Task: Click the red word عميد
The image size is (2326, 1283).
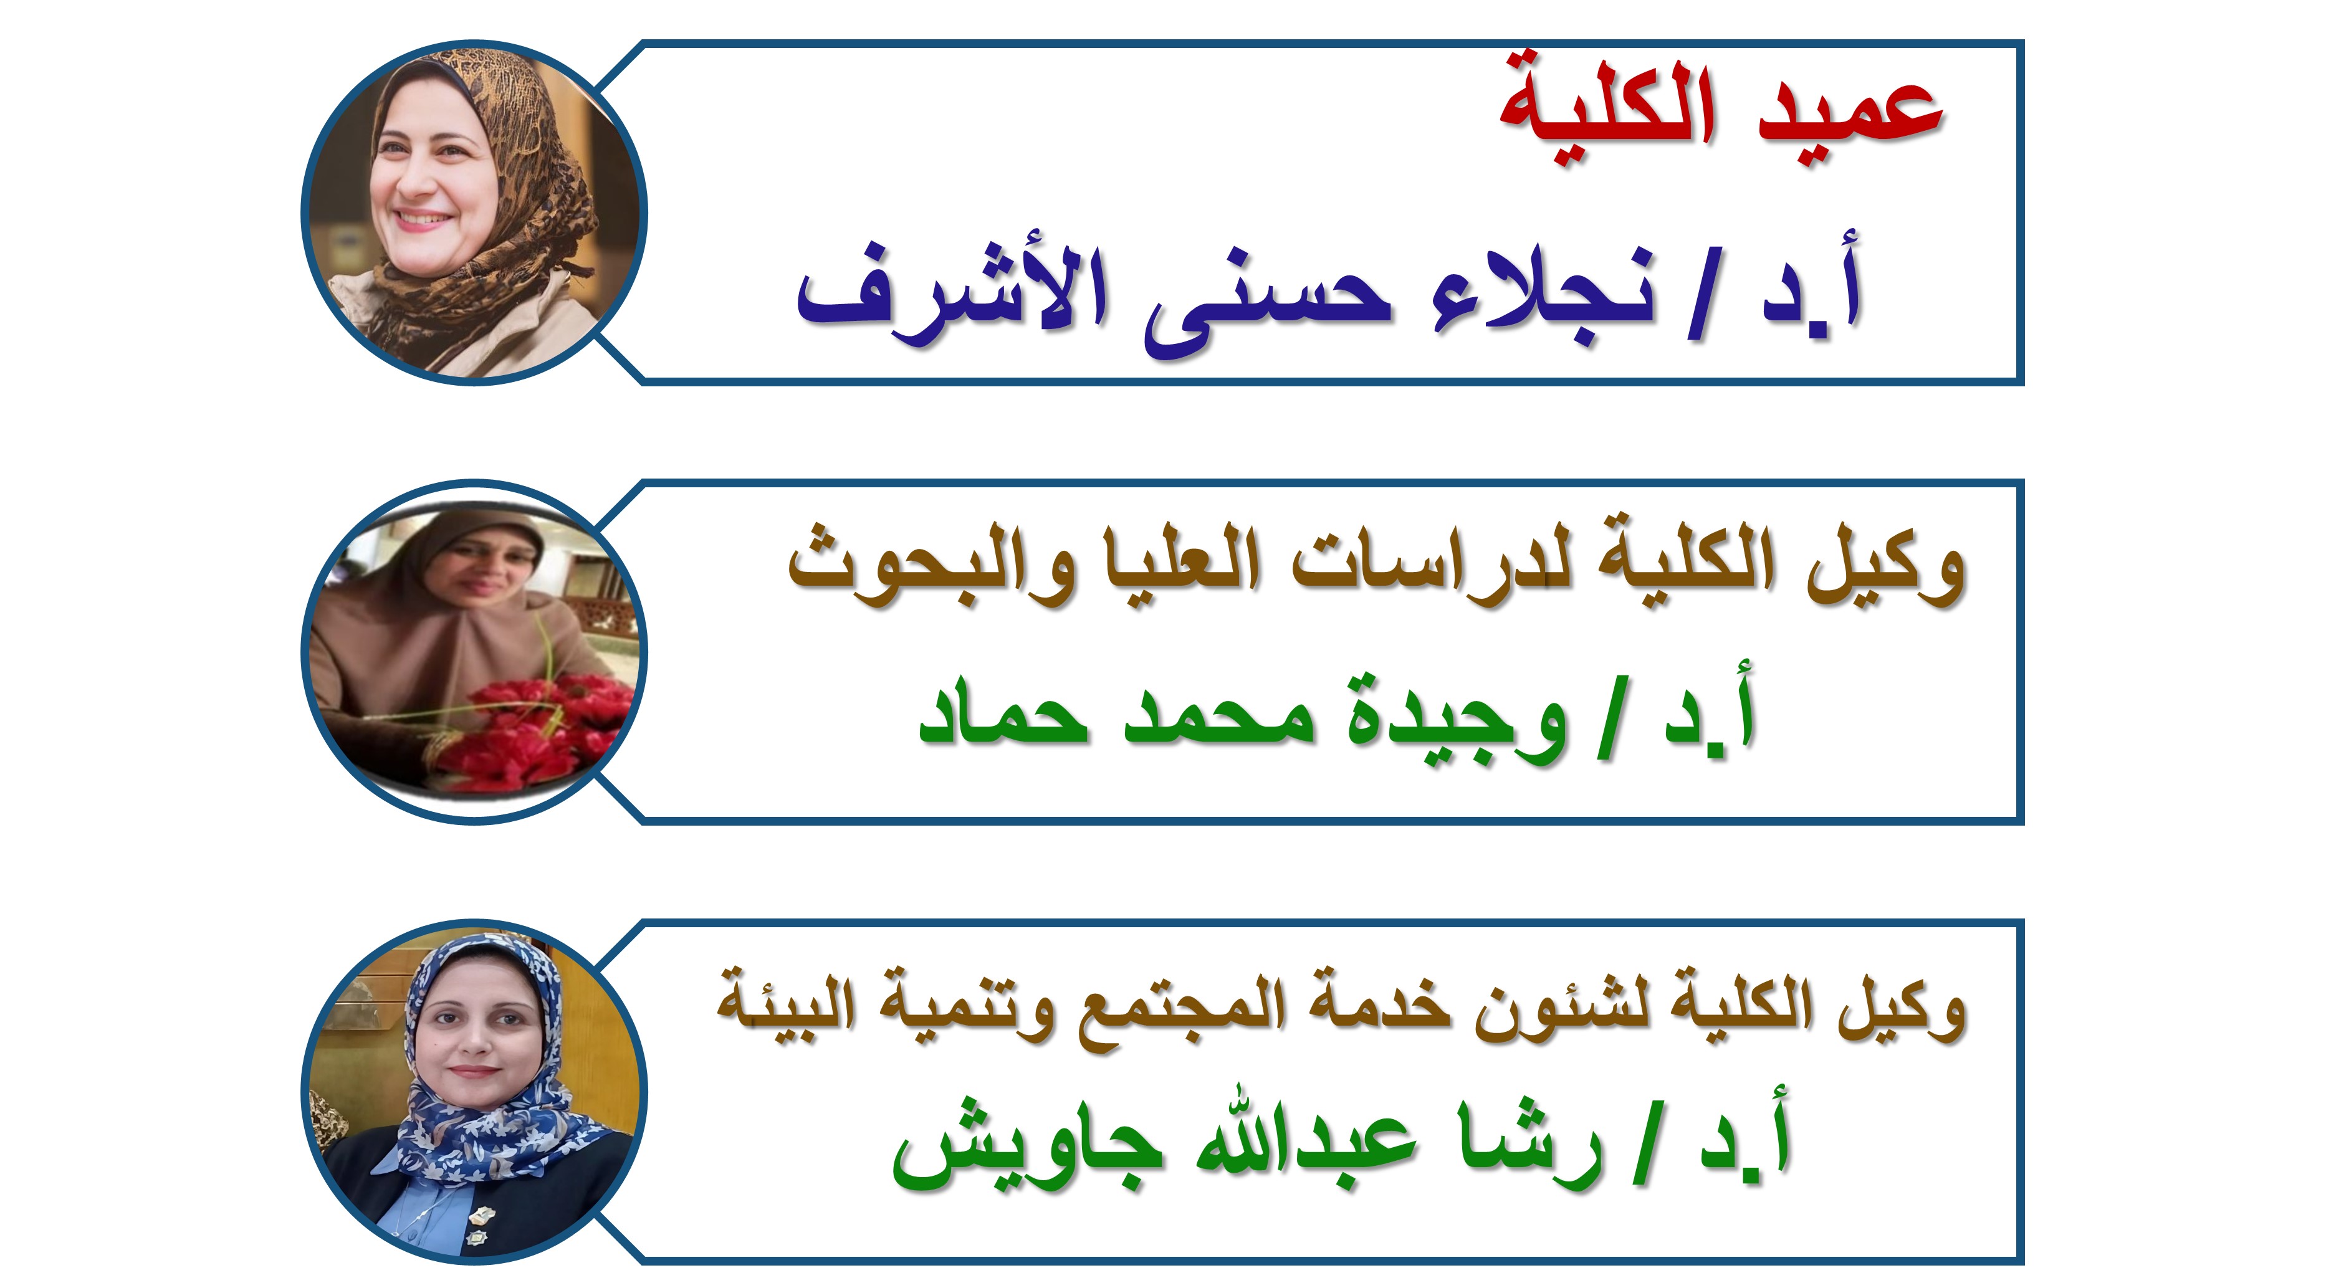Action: coord(1851,117)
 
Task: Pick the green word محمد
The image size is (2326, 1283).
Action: coord(1220,718)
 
